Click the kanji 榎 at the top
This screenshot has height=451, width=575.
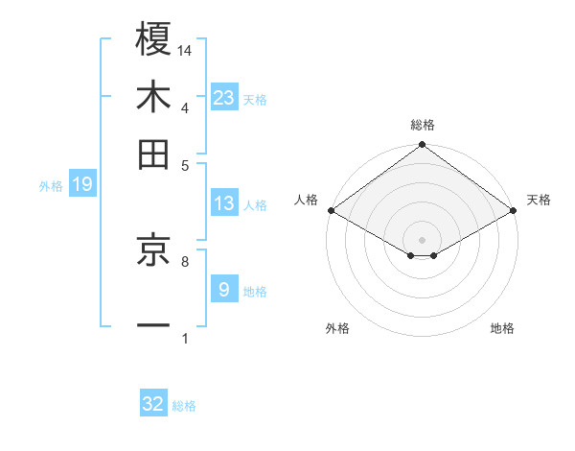[x=154, y=40]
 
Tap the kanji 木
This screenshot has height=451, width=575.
[x=154, y=97]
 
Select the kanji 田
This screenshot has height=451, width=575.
[x=154, y=154]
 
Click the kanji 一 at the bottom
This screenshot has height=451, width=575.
[x=154, y=324]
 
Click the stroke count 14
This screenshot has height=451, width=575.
[x=186, y=50]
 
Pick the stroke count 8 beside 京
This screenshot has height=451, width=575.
[x=184, y=260]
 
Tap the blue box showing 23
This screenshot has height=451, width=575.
[x=224, y=97]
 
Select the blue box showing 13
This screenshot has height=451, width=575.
[x=224, y=203]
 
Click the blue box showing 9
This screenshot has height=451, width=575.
[x=223, y=290]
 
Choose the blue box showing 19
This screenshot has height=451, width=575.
[x=82, y=185]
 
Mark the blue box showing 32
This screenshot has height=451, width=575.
[x=153, y=404]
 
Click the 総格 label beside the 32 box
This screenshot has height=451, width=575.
[x=184, y=406]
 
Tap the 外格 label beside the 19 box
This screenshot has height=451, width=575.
[x=50, y=186]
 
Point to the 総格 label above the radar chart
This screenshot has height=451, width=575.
[x=423, y=125]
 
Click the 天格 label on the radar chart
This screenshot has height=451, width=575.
[x=539, y=200]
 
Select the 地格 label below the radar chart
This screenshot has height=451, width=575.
[x=502, y=329]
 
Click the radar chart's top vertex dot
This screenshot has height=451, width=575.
[x=422, y=146]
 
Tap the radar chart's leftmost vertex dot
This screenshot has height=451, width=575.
[x=331, y=210]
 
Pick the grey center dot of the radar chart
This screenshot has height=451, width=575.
[x=422, y=238]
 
